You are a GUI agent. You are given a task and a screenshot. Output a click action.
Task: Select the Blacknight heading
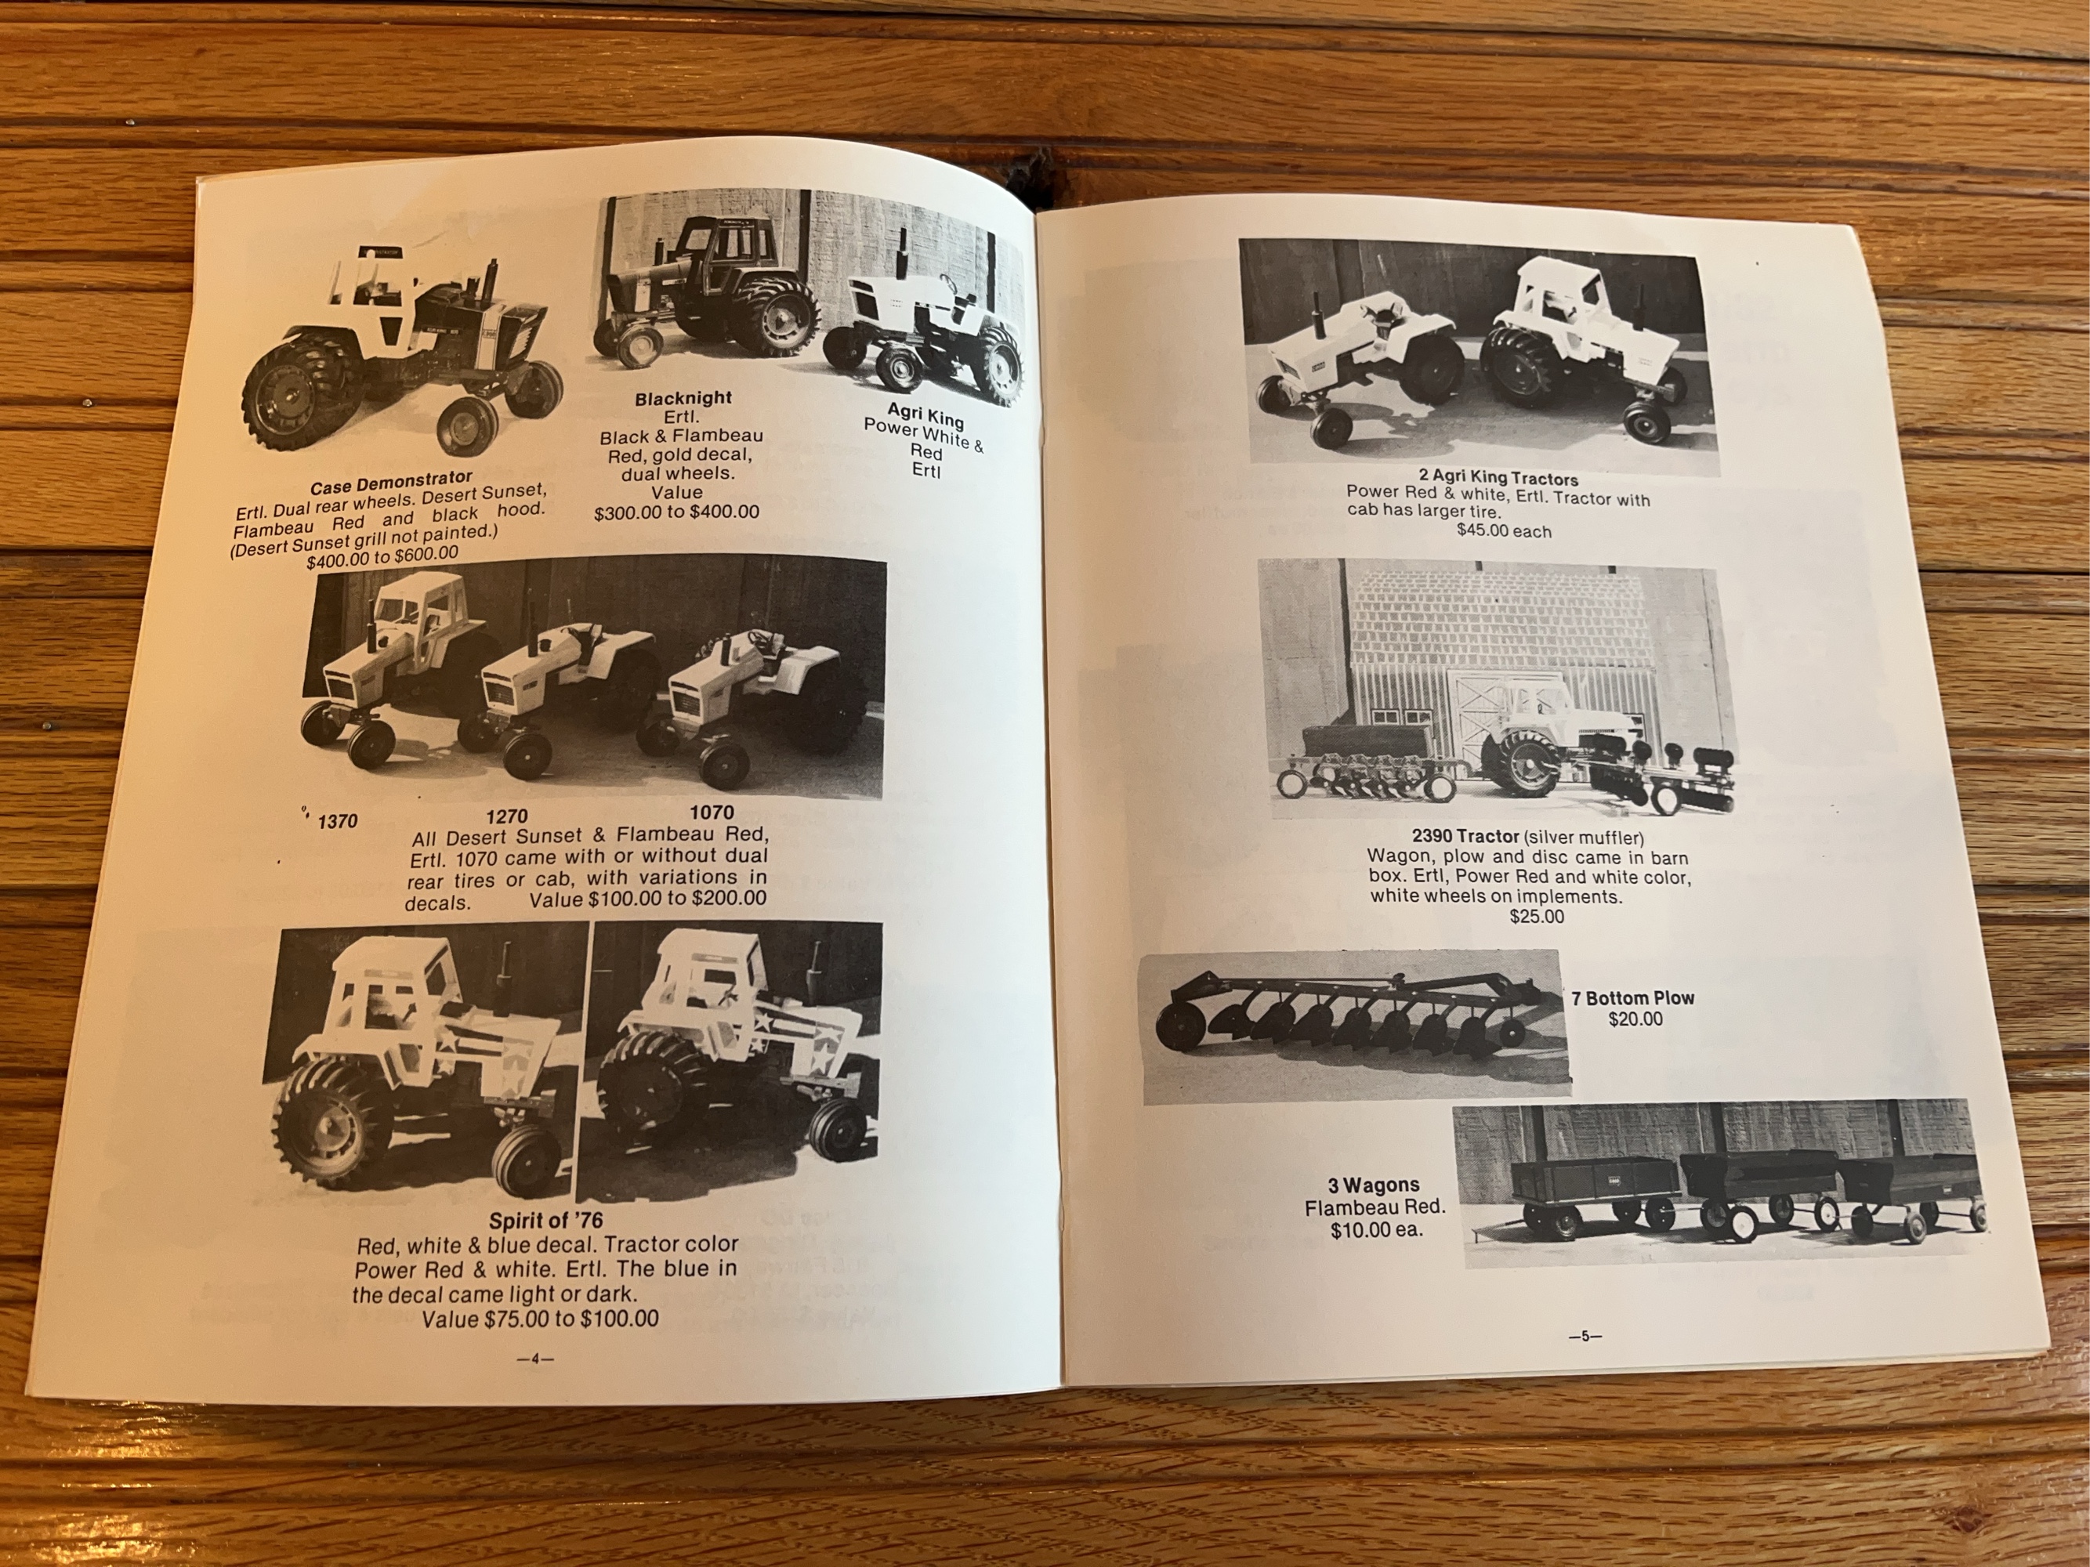coord(683,399)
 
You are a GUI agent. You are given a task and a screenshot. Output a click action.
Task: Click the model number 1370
coord(337,821)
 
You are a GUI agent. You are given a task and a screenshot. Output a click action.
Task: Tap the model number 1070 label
coord(712,812)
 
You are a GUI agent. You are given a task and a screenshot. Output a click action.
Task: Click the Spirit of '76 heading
coord(545,1221)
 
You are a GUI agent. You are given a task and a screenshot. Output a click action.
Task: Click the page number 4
coord(534,1359)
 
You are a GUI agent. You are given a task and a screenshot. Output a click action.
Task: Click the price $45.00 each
coord(1503,531)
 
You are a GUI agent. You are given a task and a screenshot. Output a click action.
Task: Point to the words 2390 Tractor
coord(1465,837)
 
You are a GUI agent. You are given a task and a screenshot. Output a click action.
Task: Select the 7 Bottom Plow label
coord(1632,997)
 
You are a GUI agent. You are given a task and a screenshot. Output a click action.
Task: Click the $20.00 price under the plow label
coord(1635,1019)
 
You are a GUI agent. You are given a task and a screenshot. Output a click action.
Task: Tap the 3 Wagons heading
coord(1374,1185)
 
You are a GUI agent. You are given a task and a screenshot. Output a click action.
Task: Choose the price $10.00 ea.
coord(1375,1230)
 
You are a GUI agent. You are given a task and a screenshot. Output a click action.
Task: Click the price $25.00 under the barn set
coord(1536,916)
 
